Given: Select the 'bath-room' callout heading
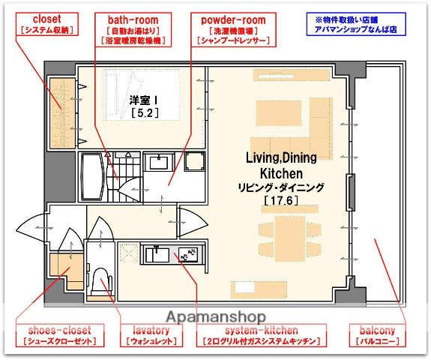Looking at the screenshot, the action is point(133,20).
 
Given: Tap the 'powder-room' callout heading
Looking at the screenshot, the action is point(233,20).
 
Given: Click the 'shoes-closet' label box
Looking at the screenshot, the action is point(60,335).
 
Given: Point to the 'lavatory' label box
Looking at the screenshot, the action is point(151,335).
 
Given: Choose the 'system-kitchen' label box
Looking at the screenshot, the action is point(262,335).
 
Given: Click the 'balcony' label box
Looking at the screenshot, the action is point(377,335).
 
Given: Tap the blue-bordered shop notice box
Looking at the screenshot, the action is point(356,24).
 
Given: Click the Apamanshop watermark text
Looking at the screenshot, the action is point(216,317).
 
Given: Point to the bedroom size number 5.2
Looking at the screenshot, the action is point(145,112).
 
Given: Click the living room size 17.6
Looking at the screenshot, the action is point(281,200).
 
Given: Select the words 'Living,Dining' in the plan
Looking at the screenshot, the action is point(281,157).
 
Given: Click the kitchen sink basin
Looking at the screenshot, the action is point(157,255).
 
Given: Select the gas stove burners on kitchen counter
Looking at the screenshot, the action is point(188,255).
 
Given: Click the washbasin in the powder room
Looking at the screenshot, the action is point(159,162).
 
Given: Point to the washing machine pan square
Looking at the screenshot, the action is point(195,161).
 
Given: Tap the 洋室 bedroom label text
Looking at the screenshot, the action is point(140,100).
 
